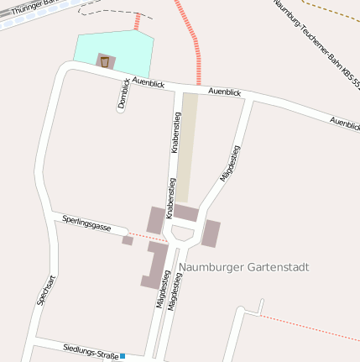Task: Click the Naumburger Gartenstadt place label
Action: (244, 267)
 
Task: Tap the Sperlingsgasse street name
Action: (86, 223)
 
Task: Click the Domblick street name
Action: (123, 94)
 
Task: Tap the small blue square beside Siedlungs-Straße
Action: (123, 356)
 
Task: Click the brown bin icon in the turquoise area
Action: (105, 60)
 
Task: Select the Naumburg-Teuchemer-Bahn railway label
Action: (316, 42)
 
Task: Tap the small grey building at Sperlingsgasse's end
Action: (128, 240)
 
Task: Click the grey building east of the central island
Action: (211, 233)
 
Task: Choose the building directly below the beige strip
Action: (185, 212)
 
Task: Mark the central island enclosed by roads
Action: (182, 232)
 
